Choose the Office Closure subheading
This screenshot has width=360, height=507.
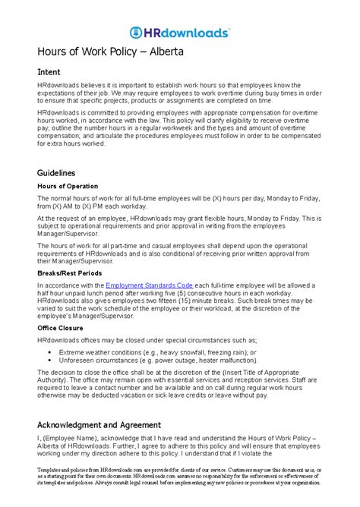(60, 328)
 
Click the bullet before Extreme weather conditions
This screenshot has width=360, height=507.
(49, 353)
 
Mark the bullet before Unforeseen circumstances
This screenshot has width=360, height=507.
(49, 361)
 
